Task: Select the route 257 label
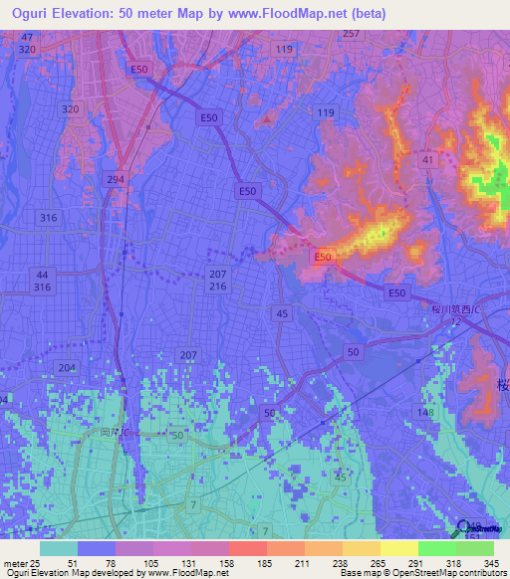350,33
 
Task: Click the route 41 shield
427,159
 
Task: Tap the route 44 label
41,274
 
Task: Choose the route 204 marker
67,367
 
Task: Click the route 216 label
218,287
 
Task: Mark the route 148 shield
425,413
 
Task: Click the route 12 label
453,322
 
